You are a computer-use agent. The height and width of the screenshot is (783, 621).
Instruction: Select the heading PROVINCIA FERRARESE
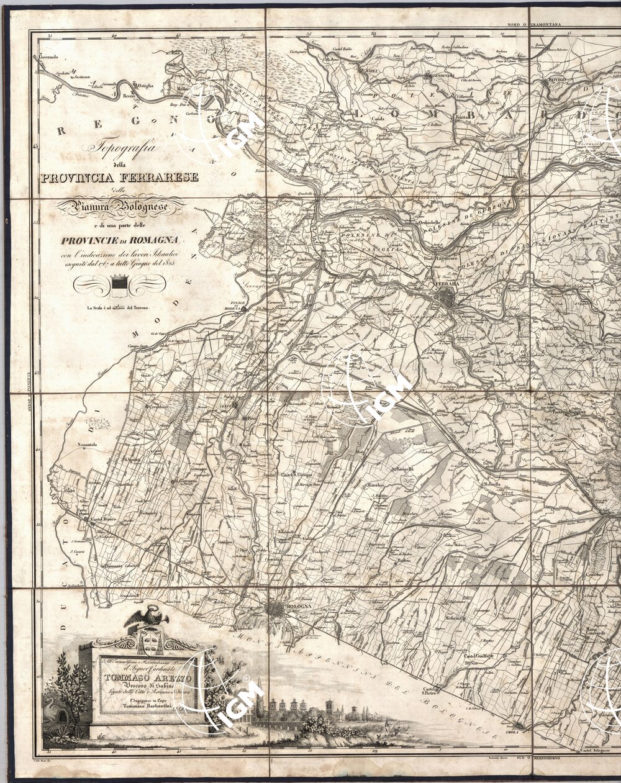(x=119, y=178)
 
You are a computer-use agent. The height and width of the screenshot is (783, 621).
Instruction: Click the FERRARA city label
(x=447, y=284)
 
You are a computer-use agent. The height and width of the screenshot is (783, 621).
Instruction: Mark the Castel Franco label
(x=104, y=518)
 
